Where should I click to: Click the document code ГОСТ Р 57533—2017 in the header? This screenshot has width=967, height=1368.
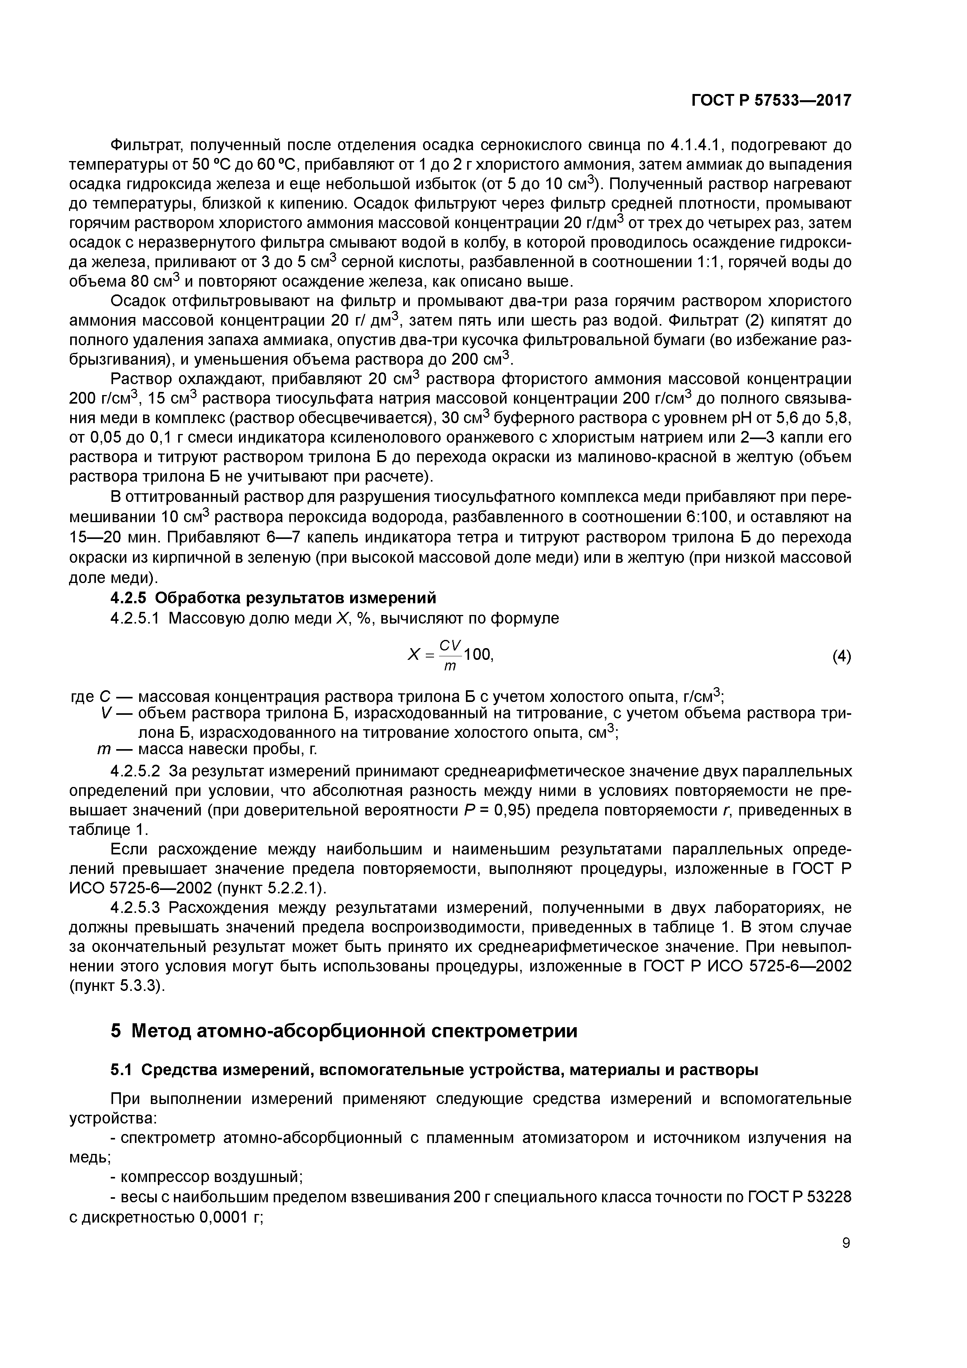tap(770, 101)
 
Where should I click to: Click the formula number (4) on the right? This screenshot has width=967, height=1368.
tap(841, 657)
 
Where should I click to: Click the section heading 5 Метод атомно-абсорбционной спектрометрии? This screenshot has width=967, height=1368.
tap(344, 1030)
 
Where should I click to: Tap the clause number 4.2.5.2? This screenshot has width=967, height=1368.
tap(135, 772)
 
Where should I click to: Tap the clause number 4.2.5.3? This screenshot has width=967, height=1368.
tap(135, 908)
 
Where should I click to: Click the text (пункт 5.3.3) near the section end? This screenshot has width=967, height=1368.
tap(117, 986)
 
